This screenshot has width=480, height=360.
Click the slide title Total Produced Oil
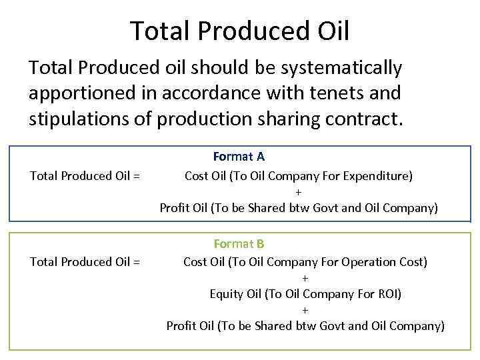(239, 30)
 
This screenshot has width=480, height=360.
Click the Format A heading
(239, 157)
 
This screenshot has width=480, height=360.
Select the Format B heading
(239, 244)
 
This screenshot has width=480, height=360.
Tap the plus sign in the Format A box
(298, 192)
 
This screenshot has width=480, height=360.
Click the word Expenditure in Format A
(377, 176)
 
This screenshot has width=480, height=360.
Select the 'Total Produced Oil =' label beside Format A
(85, 176)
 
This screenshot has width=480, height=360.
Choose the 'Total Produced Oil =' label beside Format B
(85, 262)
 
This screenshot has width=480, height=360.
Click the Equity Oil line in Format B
(305, 294)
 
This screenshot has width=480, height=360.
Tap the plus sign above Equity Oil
(305, 278)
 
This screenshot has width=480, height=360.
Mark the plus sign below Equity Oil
(305, 310)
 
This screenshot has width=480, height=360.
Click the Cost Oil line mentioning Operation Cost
(305, 262)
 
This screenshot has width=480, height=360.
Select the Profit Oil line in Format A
(299, 208)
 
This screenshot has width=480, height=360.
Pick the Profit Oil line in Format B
(305, 326)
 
